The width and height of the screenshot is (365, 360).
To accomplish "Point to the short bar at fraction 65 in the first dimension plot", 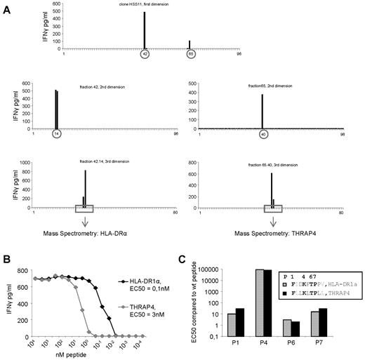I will click(190, 44).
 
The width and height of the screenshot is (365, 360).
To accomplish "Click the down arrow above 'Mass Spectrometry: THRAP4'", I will click(273, 218).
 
